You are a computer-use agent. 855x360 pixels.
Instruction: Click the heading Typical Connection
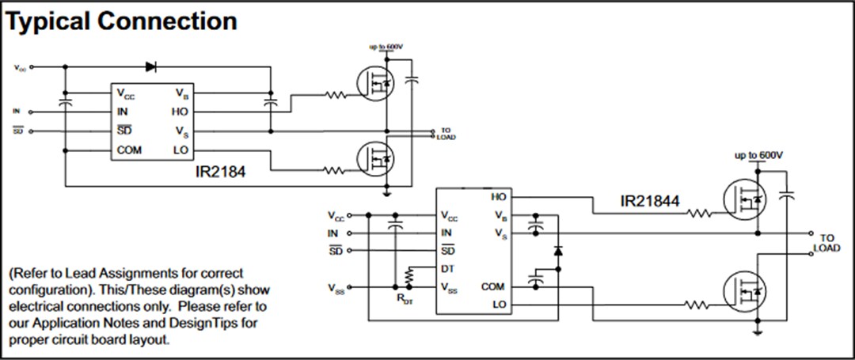tap(121, 21)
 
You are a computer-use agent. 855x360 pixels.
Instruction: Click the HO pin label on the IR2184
tap(179, 112)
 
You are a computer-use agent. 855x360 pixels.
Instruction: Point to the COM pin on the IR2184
tap(130, 150)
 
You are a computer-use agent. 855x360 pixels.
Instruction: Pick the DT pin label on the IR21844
tap(447, 269)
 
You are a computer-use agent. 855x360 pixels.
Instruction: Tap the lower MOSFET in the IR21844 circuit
tap(743, 292)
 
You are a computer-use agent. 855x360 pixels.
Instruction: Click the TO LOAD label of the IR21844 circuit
tap(826, 242)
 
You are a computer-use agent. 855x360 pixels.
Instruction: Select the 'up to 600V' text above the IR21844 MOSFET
tap(758, 154)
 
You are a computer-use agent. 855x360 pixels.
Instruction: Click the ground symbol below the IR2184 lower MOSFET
tap(386, 191)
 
